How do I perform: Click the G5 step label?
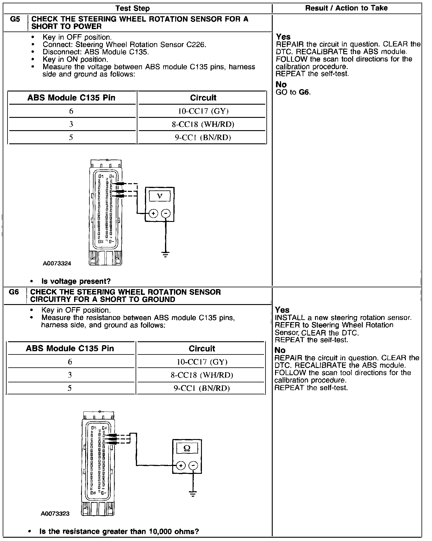click(15, 19)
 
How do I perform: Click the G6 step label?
click(14, 292)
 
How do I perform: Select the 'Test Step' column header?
click(132, 8)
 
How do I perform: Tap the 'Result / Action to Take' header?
click(346, 8)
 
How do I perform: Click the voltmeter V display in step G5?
click(160, 196)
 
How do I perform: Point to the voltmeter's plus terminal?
click(153, 214)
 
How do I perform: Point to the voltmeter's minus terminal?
click(166, 214)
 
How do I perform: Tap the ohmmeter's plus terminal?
click(181, 466)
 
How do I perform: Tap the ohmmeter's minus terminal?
click(193, 466)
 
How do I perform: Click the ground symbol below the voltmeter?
click(165, 255)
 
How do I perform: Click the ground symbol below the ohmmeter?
click(193, 494)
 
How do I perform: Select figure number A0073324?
click(57, 264)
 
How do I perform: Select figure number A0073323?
click(55, 514)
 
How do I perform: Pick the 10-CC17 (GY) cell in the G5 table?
click(203, 111)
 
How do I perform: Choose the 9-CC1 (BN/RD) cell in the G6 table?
click(202, 388)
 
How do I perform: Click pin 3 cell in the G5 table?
click(71, 124)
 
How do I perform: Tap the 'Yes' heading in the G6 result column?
click(282, 310)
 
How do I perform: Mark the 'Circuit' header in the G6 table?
click(202, 348)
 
